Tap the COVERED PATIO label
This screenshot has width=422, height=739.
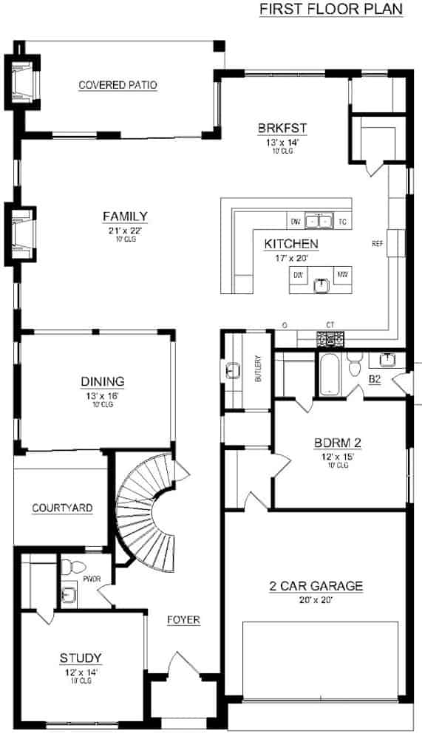[118, 85]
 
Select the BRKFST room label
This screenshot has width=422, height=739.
[282, 128]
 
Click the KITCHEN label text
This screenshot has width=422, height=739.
[291, 243]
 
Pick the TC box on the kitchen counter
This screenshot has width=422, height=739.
[342, 221]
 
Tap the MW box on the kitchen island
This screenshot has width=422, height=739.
[342, 275]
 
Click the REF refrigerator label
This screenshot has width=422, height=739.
[378, 242]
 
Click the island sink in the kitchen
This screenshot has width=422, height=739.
[321, 285]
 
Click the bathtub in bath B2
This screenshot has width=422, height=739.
[328, 374]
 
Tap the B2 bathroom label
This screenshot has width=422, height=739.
[375, 379]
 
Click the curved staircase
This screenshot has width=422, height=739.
[148, 510]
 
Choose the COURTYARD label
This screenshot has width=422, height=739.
[62, 508]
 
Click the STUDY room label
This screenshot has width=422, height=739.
[81, 658]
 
